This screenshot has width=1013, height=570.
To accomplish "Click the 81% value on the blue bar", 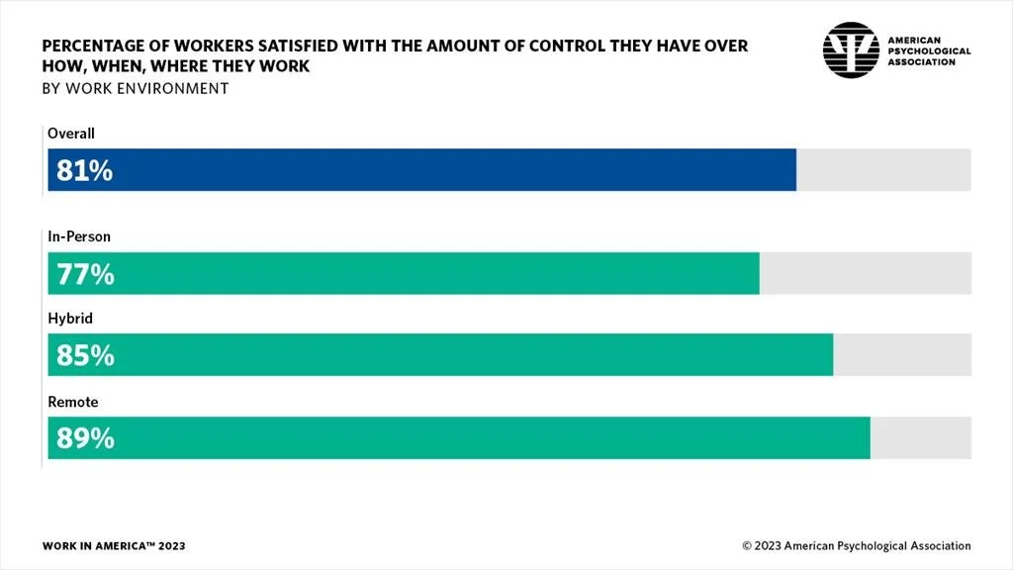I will click(84, 170).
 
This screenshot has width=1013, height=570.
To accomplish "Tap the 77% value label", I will click(85, 274).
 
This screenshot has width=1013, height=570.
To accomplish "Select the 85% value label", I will click(85, 355).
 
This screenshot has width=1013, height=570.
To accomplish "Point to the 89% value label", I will click(85, 438).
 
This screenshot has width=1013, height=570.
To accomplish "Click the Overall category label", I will click(70, 134).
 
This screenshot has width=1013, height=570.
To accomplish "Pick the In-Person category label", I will click(79, 237).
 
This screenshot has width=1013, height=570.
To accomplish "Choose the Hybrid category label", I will click(69, 320).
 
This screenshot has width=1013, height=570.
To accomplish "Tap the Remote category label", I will click(72, 403).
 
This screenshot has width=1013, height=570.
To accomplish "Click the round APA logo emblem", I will click(850, 50).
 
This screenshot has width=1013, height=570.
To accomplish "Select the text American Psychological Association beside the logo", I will click(928, 50).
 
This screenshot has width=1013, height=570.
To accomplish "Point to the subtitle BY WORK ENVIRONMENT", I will click(135, 88).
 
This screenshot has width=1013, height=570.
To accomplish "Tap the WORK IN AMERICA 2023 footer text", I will click(114, 546).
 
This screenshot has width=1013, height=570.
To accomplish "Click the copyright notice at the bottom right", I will click(857, 546).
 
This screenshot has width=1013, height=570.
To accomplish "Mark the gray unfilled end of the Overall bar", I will click(883, 170).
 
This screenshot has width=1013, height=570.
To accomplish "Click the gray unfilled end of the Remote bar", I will click(920, 438).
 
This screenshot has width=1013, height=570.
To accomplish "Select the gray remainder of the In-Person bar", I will click(865, 274).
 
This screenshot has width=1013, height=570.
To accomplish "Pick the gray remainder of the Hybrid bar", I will click(901, 355).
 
